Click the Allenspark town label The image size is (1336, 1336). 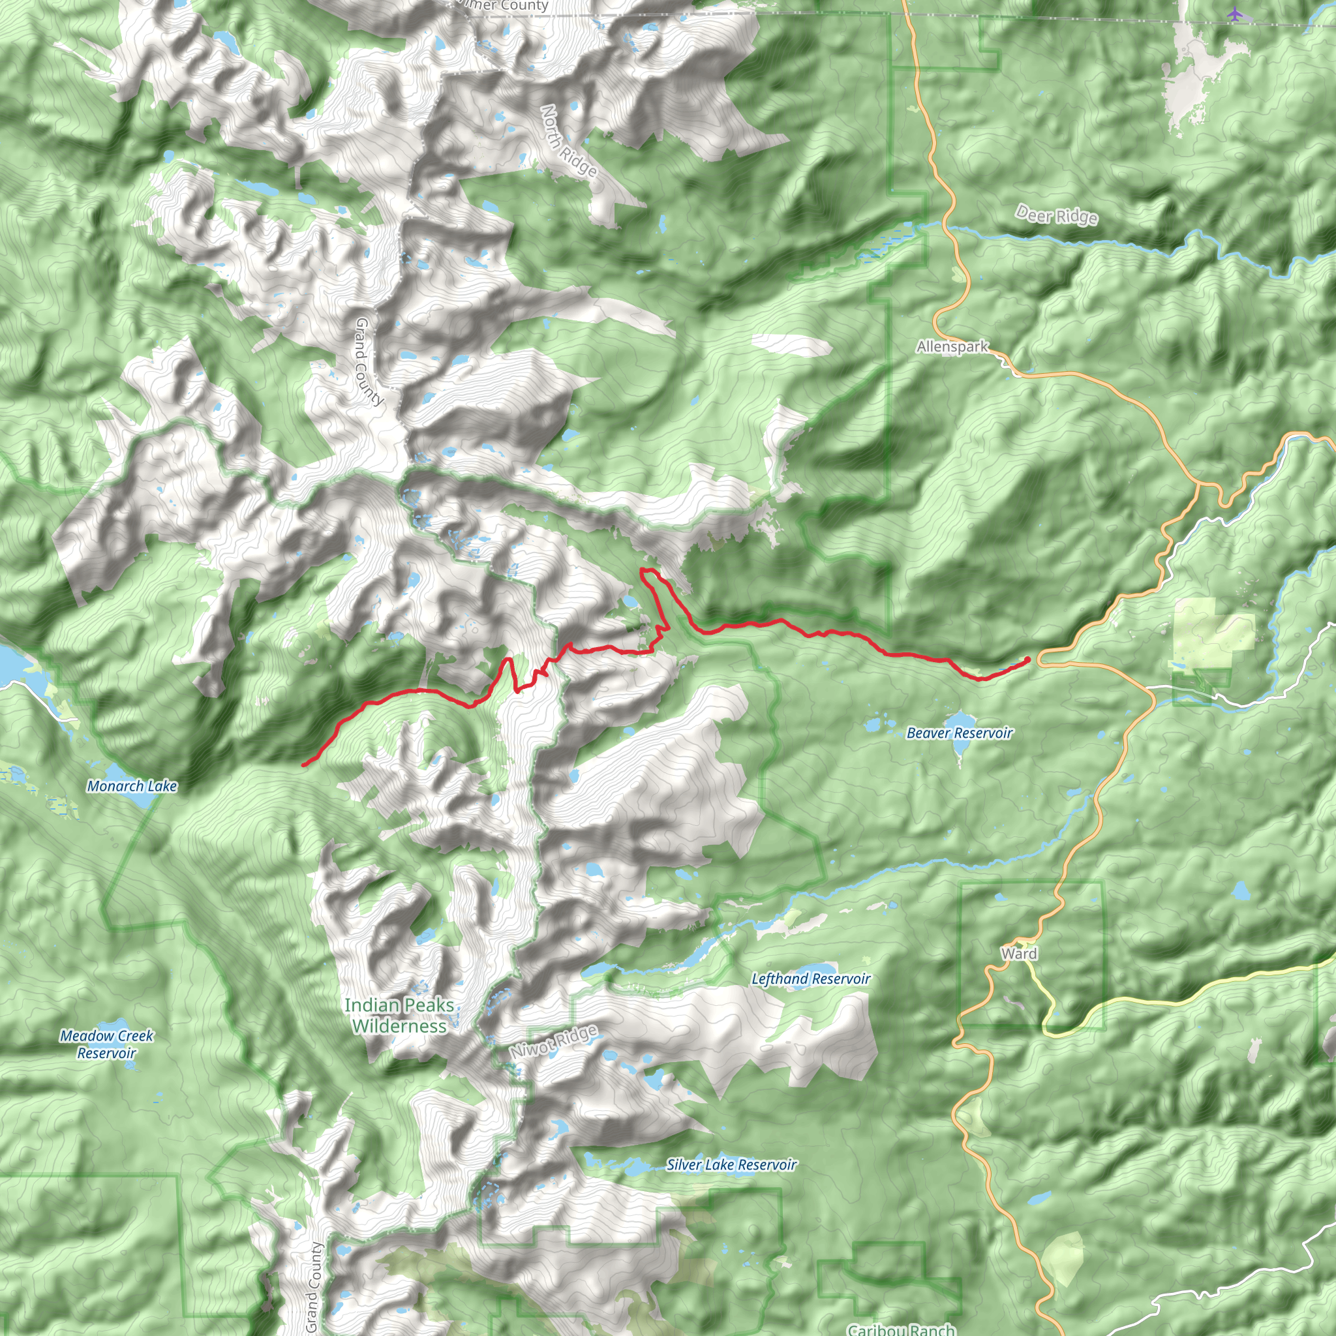[952, 346]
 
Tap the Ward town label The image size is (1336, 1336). [1018, 954]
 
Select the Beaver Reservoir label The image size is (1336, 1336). [959, 733]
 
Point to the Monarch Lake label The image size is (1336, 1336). [131, 786]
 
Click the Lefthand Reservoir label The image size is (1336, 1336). [810, 979]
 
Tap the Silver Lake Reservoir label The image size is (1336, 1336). [731, 1164]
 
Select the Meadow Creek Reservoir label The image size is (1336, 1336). [106, 1044]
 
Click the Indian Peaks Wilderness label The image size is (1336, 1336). [400, 1015]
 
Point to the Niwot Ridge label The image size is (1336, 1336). [553, 1041]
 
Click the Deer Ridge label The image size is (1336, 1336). [1056, 216]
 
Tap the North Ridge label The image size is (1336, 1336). [568, 142]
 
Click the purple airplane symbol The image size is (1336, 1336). [1235, 14]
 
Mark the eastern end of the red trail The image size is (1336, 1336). [1028, 659]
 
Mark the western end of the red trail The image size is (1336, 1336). [303, 765]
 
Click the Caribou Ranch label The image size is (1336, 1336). [901, 1329]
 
